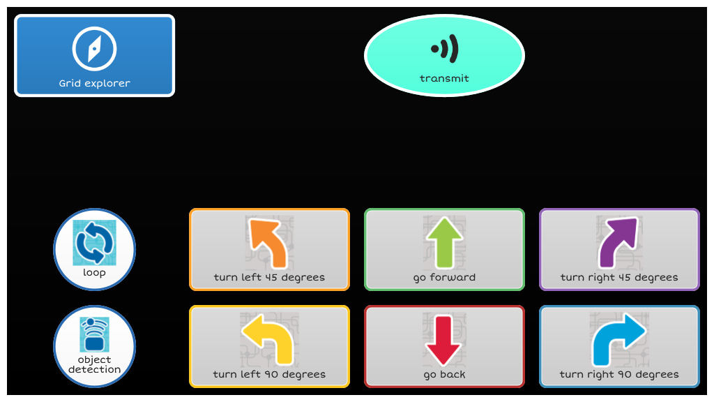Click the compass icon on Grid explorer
pyautogui.click(x=94, y=49)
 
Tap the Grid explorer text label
pyautogui.click(x=94, y=84)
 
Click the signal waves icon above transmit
pyautogui.click(x=444, y=48)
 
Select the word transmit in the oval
pyautogui.click(x=444, y=78)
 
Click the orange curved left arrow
pyautogui.click(x=268, y=243)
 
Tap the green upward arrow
pyautogui.click(x=444, y=242)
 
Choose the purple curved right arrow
pyautogui.click(x=618, y=242)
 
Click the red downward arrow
pyautogui.click(x=443, y=340)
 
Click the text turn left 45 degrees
pyautogui.click(x=269, y=278)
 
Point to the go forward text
pyautogui.click(x=444, y=278)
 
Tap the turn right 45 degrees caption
pyautogui.click(x=619, y=278)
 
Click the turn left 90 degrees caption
pyautogui.click(x=269, y=375)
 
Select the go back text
pyautogui.click(x=444, y=375)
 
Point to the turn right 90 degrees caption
pyautogui.click(x=619, y=375)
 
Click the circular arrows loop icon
pyautogui.click(x=94, y=242)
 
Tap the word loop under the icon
pyautogui.click(x=94, y=273)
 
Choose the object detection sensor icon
pyautogui.click(x=94, y=334)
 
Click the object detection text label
pyautogui.click(x=94, y=364)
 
